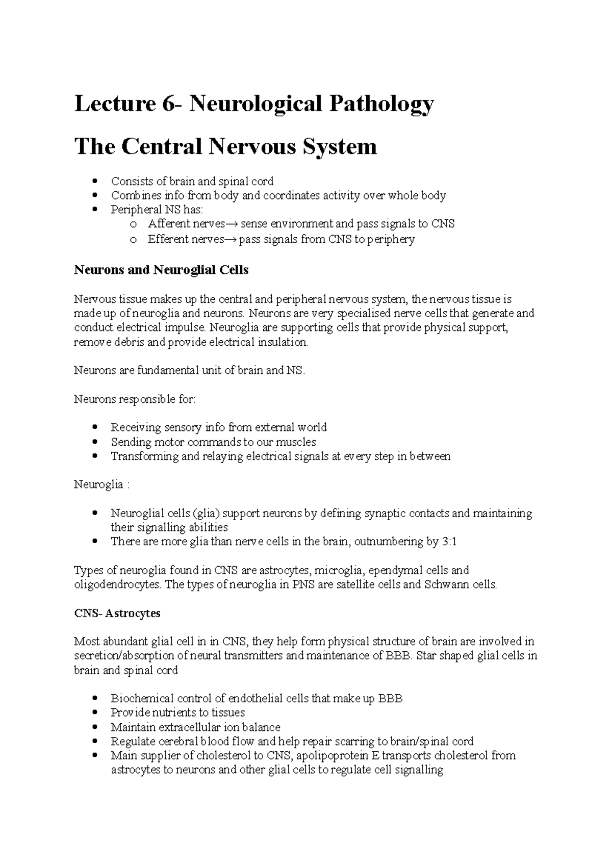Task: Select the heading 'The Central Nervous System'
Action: pos(225,147)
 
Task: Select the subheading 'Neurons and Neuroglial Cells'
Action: pos(161,270)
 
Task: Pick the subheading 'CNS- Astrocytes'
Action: pos(117,613)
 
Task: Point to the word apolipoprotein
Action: pos(332,755)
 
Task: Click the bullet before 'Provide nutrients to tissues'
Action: pos(95,713)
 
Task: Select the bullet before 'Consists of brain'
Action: pos(95,182)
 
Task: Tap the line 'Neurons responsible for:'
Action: pos(135,399)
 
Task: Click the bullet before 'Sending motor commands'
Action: pos(95,442)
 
